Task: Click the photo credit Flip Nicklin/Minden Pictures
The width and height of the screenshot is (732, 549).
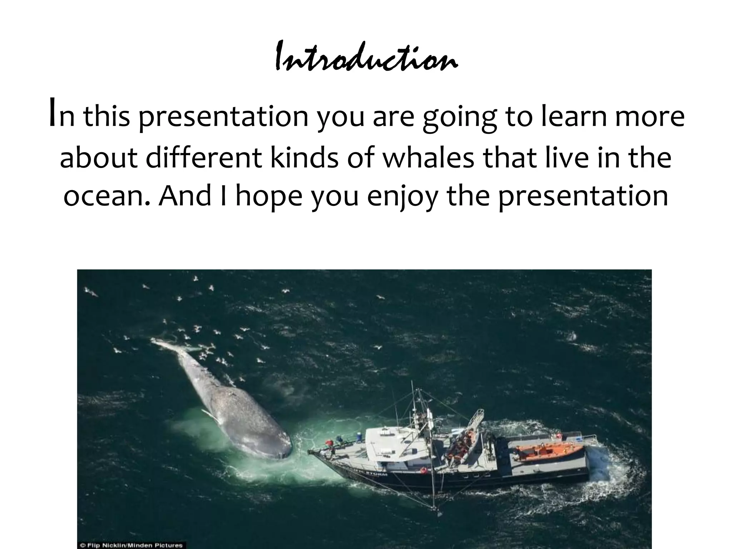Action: click(x=132, y=545)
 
